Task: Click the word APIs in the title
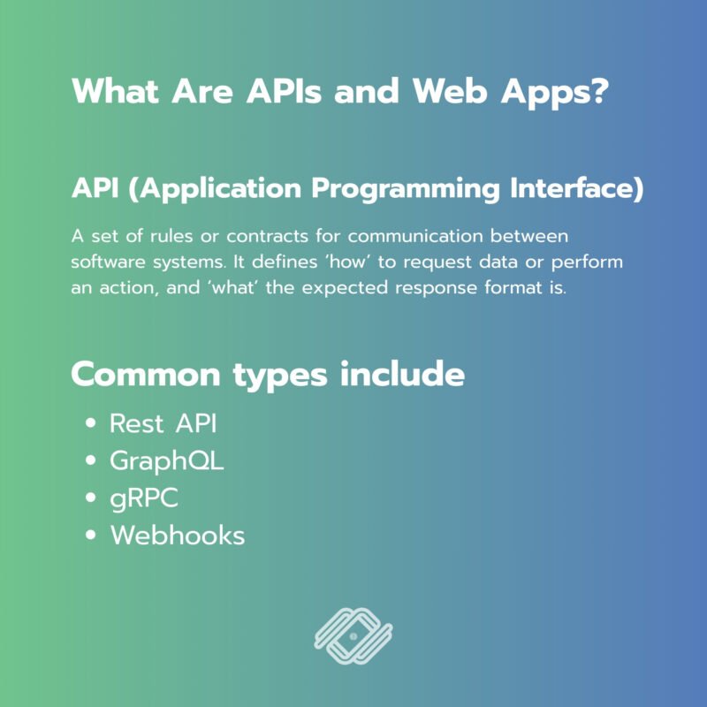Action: click(x=284, y=91)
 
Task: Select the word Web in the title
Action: click(x=450, y=91)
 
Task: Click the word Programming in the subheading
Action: click(x=406, y=189)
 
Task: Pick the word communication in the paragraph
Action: click(x=415, y=236)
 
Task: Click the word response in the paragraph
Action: click(x=436, y=289)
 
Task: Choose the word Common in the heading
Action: click(x=146, y=375)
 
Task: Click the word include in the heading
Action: click(x=402, y=374)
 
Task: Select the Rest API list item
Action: click(x=163, y=424)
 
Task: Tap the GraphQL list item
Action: click(x=167, y=461)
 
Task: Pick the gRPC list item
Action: click(x=144, y=499)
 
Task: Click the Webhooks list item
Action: click(x=178, y=536)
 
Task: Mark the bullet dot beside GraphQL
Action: click(x=91, y=460)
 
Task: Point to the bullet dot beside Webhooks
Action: click(x=91, y=535)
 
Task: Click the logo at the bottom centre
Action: click(x=353, y=636)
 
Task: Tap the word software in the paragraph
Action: click(x=108, y=262)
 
